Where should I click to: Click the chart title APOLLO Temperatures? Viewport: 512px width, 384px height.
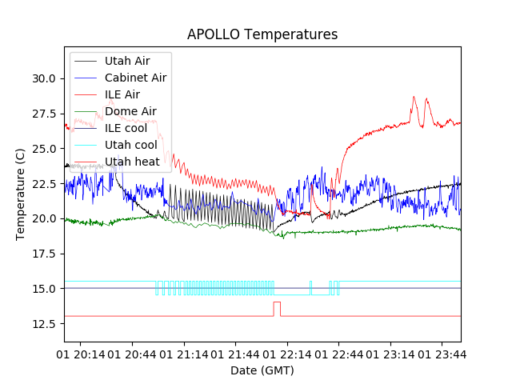[262, 34]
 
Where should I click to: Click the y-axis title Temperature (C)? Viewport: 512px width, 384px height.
[21, 194]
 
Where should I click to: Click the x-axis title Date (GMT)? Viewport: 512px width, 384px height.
[262, 370]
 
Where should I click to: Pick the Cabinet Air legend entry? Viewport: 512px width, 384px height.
[135, 78]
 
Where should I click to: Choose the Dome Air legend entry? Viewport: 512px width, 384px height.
[130, 111]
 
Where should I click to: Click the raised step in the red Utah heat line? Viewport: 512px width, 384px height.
[277, 302]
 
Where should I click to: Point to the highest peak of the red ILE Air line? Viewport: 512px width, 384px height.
[414, 98]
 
